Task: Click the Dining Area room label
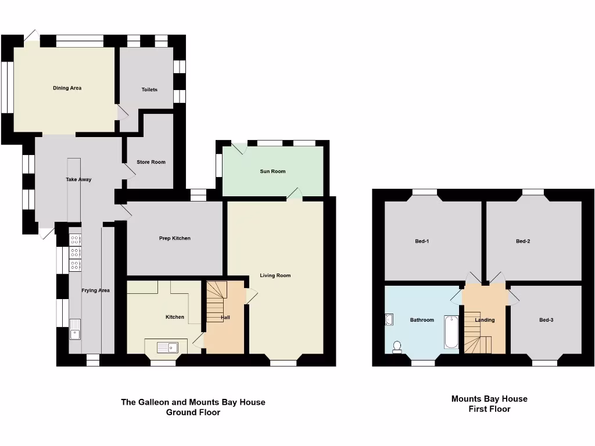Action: [67, 88]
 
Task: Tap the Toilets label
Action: [149, 89]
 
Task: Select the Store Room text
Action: [151, 162]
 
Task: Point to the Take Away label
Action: [78, 179]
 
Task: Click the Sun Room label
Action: [273, 171]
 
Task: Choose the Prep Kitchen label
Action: [175, 238]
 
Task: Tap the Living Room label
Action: [275, 275]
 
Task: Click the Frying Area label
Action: [95, 290]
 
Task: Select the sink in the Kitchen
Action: [168, 347]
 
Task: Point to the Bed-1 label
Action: [422, 241]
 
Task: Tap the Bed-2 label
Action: [523, 241]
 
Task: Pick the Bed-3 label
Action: [546, 320]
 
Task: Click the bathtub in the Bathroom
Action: [451, 332]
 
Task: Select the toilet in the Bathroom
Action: [397, 347]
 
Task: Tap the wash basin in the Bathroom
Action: [389, 319]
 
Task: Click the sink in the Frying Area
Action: [75, 329]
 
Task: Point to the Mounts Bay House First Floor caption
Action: [489, 404]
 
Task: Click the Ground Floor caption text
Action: [193, 412]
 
